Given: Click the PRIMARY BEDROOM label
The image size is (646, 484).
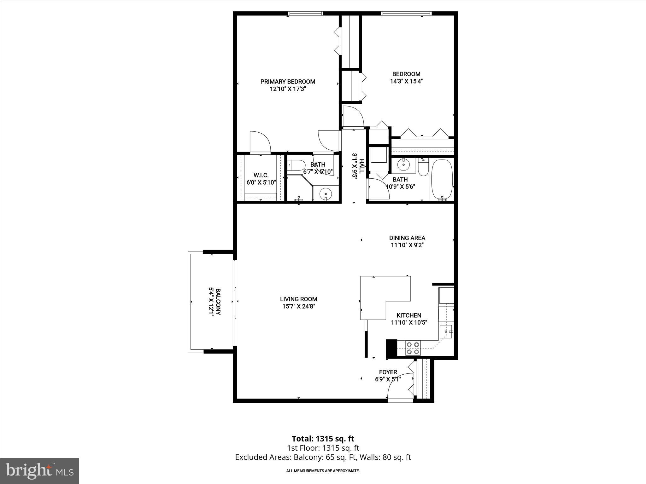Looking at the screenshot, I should click(x=288, y=82).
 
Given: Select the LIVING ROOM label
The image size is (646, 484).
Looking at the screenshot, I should click(x=298, y=299).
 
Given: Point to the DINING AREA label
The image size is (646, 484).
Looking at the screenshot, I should click(x=407, y=238).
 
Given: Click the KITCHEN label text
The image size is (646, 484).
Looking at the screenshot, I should click(x=409, y=315).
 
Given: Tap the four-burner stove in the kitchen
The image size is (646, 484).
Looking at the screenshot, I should click(x=413, y=348).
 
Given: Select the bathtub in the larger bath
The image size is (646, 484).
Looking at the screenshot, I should click(x=442, y=180).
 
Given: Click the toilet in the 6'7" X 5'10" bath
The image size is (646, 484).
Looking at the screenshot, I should click(x=297, y=165).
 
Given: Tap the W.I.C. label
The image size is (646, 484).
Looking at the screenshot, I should click(x=261, y=175).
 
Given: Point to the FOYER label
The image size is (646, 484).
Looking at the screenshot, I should click(x=388, y=372).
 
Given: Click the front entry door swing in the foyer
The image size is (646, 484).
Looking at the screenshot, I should click(x=399, y=386).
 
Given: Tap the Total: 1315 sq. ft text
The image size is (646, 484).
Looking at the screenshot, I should click(x=323, y=439).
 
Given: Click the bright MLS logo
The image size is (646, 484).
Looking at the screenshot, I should click(x=39, y=470).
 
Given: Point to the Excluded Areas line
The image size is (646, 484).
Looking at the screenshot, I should click(x=323, y=457).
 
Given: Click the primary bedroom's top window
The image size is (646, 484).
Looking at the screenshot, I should click(x=306, y=13).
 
